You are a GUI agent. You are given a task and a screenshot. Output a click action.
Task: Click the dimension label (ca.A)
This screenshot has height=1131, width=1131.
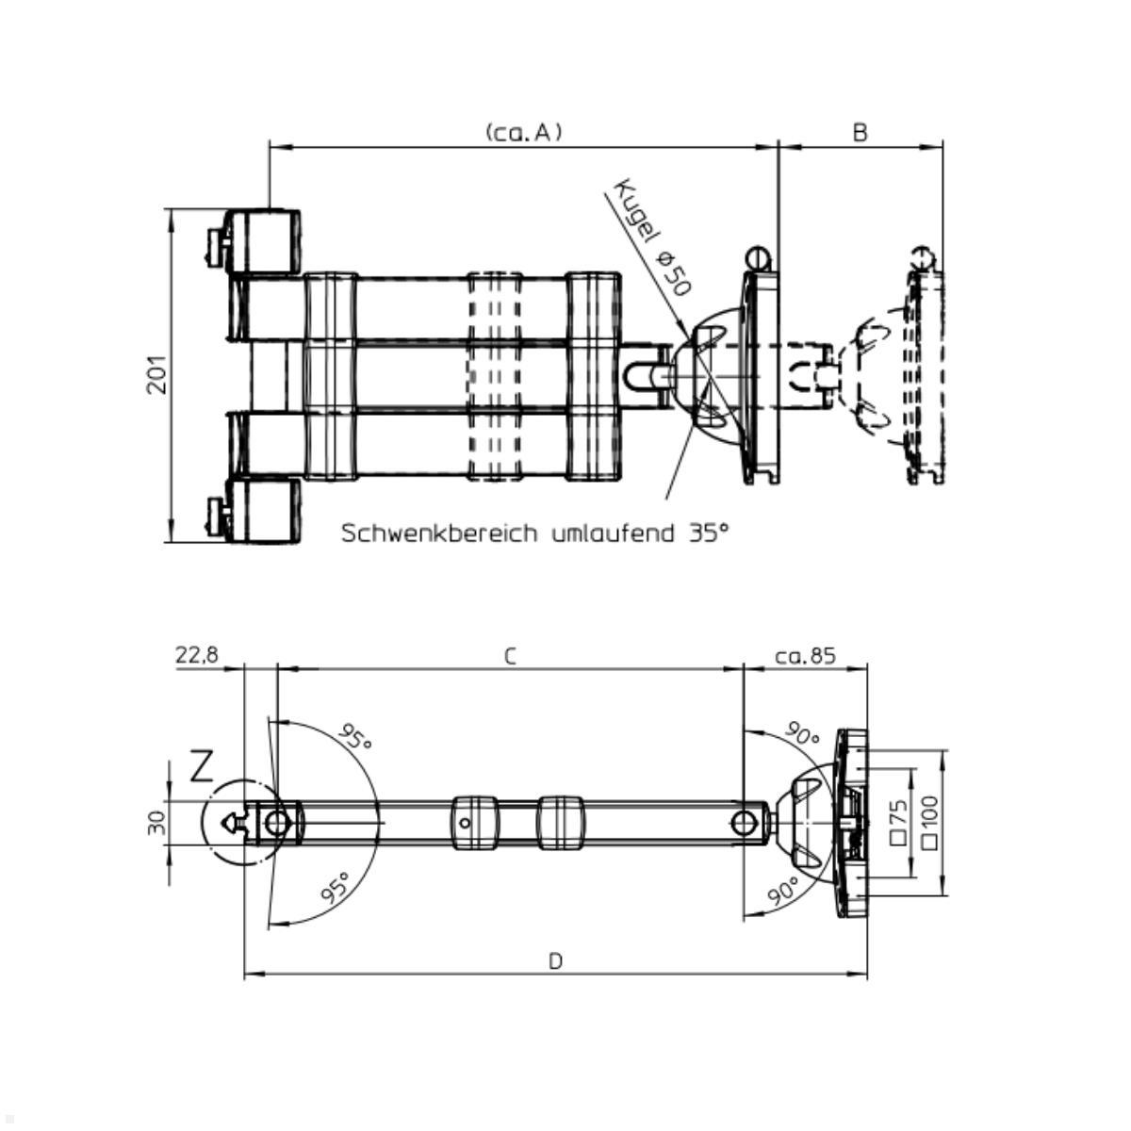point(524,133)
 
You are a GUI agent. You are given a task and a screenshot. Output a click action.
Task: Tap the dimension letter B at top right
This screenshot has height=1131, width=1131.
point(860,133)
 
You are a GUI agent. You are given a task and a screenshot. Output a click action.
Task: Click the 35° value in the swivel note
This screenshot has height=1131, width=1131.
point(709,533)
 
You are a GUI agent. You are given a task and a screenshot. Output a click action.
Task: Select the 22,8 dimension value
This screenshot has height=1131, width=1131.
point(197,655)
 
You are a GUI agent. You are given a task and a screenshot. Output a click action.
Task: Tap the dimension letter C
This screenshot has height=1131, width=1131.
point(510,657)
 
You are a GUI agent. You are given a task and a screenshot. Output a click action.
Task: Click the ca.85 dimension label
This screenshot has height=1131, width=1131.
point(805,655)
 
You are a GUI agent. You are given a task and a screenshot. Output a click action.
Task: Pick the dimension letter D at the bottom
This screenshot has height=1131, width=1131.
point(556,961)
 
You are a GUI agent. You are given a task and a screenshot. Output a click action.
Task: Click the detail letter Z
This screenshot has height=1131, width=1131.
point(202,767)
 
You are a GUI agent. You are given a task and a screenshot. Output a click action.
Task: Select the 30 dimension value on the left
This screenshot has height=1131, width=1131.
point(156,823)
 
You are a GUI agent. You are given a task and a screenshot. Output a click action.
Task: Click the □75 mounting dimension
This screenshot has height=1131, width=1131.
point(898,821)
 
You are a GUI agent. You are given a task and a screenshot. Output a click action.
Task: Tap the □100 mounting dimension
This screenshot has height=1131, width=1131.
point(929,821)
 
